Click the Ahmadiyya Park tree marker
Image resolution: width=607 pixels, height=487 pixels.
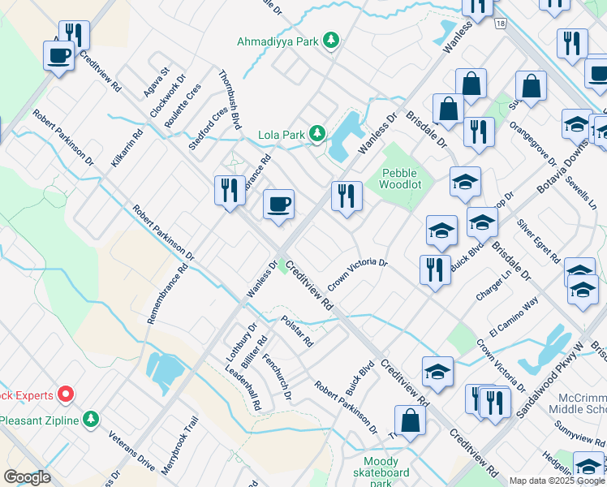(x=331, y=40)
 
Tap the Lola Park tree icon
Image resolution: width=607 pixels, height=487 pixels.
(x=317, y=133)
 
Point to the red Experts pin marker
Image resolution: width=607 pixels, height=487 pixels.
(x=66, y=395)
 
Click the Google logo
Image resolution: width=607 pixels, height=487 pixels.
(x=27, y=477)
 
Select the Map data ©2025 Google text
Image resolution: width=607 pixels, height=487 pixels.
(x=557, y=481)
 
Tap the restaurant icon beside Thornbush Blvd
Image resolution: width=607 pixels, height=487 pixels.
(x=230, y=191)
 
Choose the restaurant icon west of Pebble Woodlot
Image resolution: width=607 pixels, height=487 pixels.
(x=347, y=196)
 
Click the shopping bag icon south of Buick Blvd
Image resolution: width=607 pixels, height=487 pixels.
(x=411, y=420)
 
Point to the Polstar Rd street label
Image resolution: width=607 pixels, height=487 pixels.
(x=297, y=332)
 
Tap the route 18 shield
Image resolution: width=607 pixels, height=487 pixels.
(x=501, y=24)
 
